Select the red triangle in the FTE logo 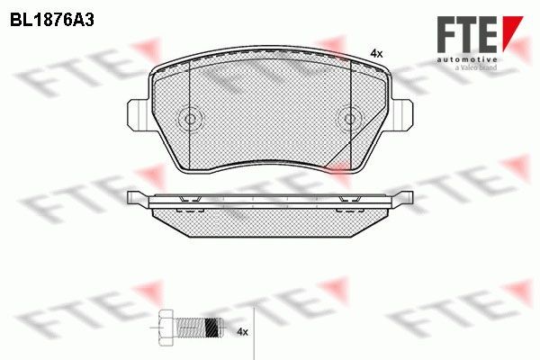tap(511, 27)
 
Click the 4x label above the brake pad tap(376, 54)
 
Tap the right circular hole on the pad tap(351, 118)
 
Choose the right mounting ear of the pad tap(404, 113)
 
